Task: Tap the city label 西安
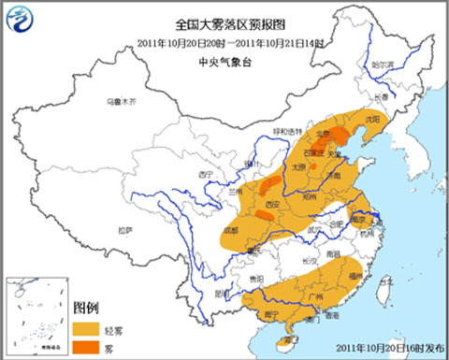[x=272, y=203]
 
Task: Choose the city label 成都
[x=231, y=229]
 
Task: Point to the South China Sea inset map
[x=36, y=317]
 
